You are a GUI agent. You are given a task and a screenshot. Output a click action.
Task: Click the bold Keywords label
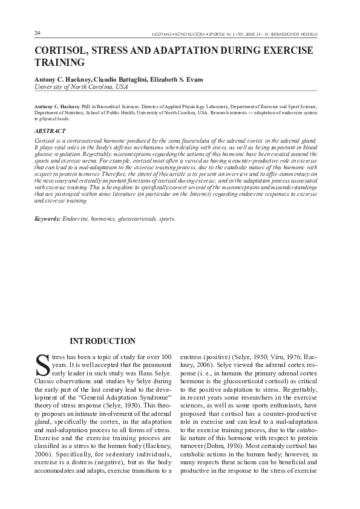[x=47, y=218]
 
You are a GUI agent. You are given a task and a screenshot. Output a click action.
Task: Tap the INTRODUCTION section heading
[x=103, y=341]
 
